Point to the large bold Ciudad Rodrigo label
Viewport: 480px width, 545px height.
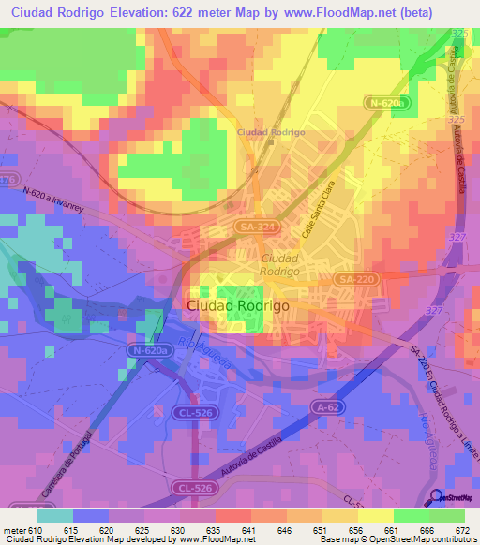tap(238, 305)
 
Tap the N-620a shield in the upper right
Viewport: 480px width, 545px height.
tap(383, 103)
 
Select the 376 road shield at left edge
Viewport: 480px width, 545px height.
tap(7, 179)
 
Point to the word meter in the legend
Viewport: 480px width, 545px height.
tap(15, 529)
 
